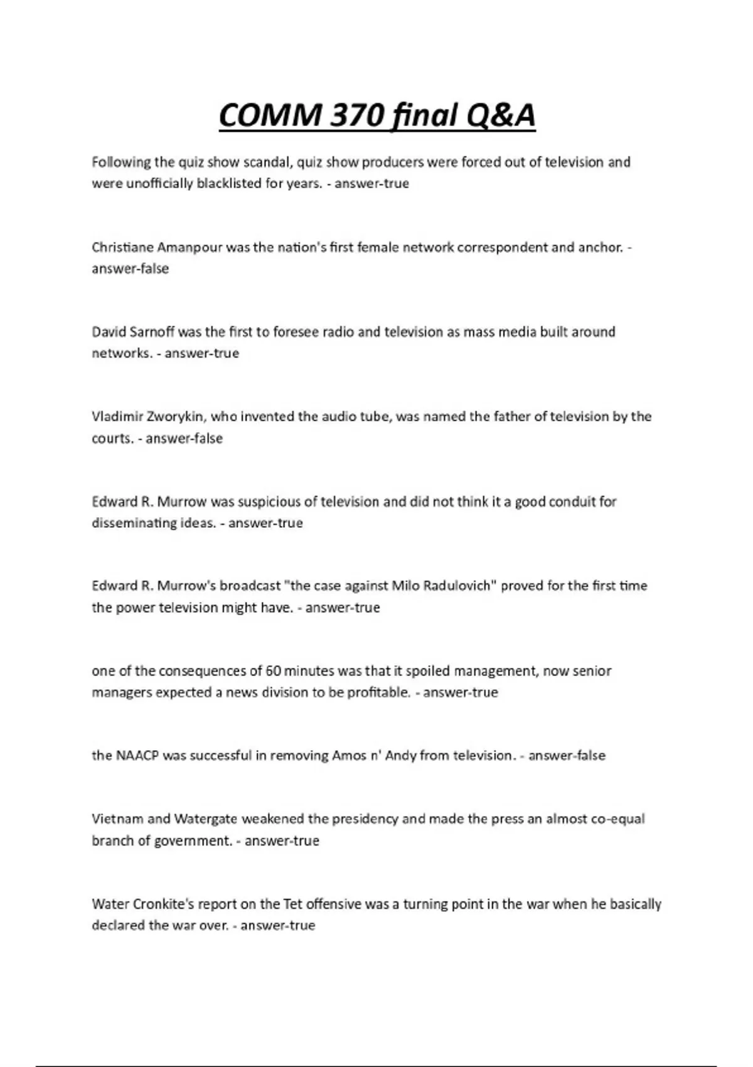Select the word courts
click(x=112, y=438)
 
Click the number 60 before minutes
click(x=273, y=671)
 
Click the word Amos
click(x=349, y=756)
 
